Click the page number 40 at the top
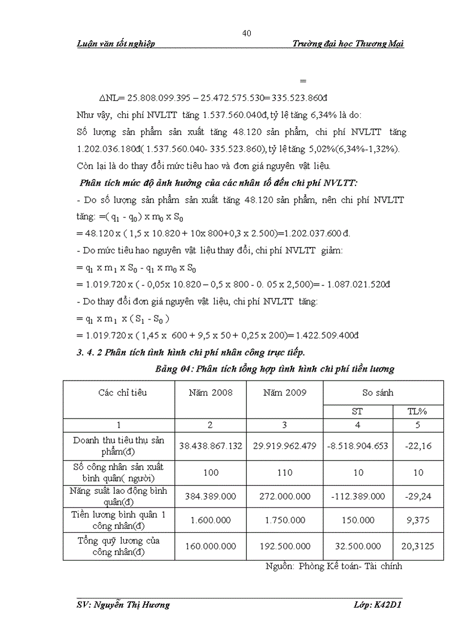(246, 33)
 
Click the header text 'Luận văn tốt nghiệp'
(115, 44)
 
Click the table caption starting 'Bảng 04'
(275, 369)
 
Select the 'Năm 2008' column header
(211, 392)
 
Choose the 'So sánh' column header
(378, 392)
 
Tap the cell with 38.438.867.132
(211, 446)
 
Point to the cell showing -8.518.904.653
(357, 446)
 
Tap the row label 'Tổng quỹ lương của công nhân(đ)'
(118, 547)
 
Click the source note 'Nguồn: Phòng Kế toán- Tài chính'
(333, 566)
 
